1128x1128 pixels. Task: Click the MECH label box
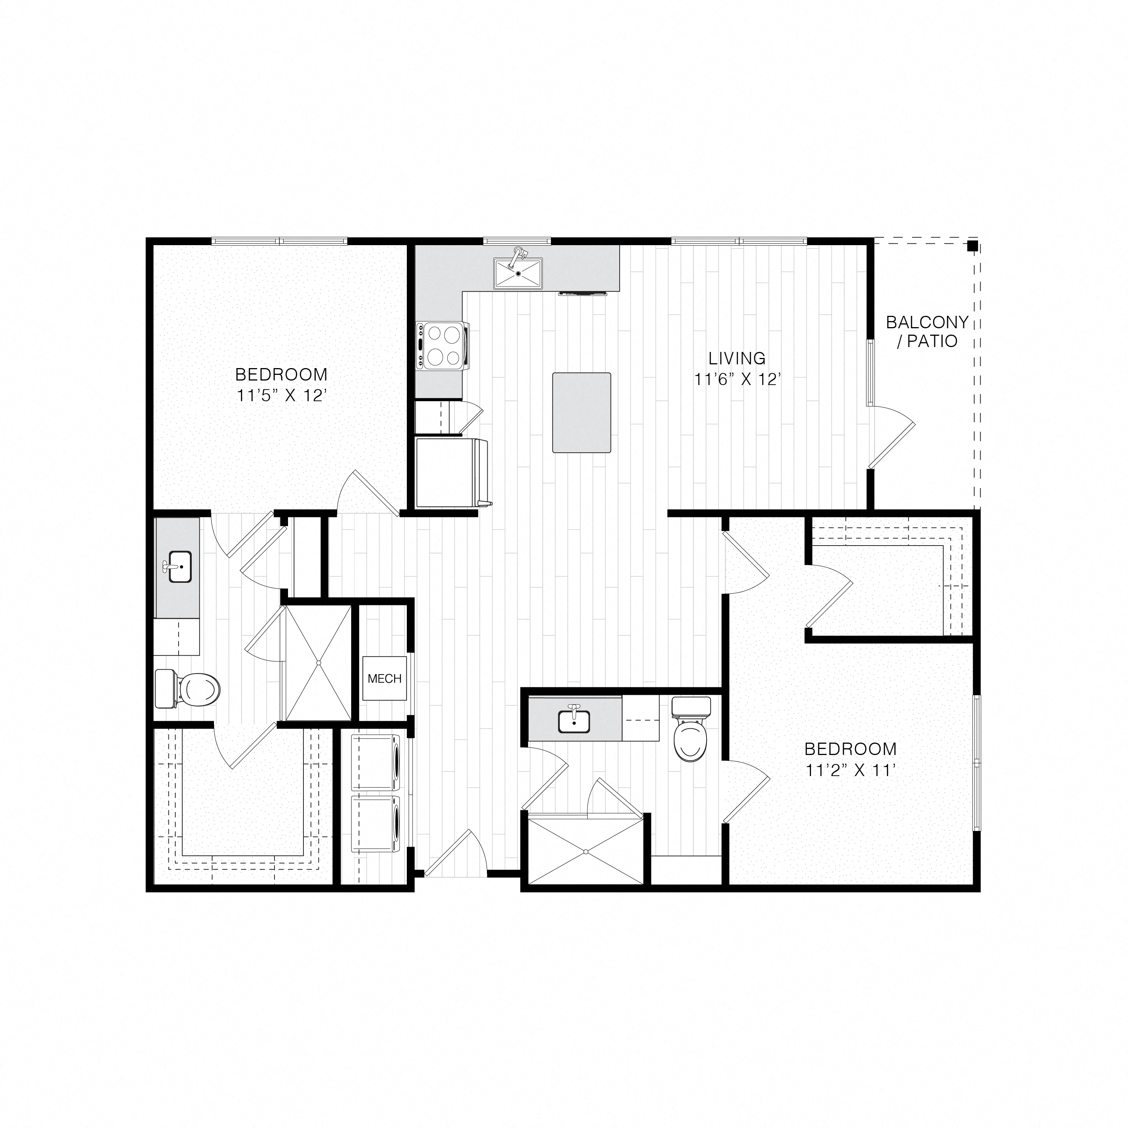click(x=384, y=678)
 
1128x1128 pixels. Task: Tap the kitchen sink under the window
click(x=518, y=273)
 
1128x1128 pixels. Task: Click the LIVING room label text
click(x=737, y=358)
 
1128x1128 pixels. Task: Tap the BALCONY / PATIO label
click(x=927, y=332)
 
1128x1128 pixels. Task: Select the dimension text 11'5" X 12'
click(x=281, y=396)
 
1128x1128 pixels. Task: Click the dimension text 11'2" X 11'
click(x=851, y=771)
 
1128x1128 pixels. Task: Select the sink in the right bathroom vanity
click(x=574, y=722)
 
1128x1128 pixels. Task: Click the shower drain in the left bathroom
click(x=319, y=663)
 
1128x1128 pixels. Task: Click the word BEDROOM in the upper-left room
click(x=281, y=374)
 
